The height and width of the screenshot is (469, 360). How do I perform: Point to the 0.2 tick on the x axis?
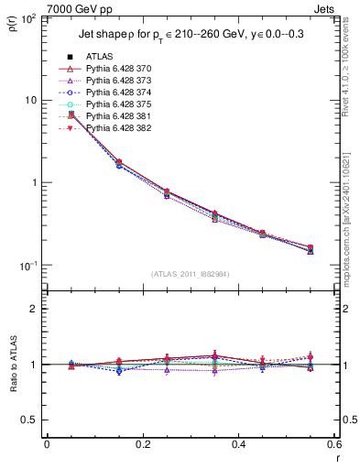142,446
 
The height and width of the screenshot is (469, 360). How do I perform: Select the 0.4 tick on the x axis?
238,446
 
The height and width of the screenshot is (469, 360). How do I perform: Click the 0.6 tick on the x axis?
333,446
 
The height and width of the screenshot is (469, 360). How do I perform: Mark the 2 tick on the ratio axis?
35,309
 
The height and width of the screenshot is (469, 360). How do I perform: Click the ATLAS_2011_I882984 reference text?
190,274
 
